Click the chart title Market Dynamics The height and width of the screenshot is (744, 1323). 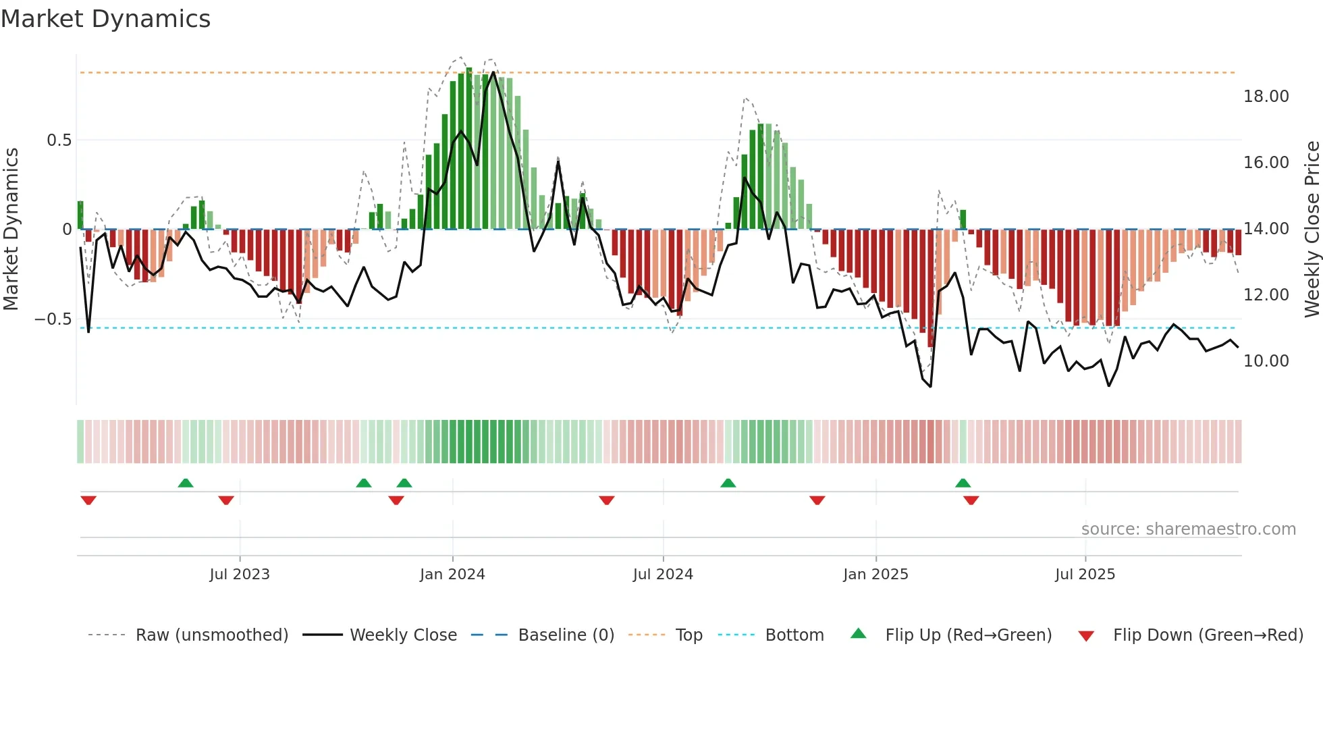point(105,19)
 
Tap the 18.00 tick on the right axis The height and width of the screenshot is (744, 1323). point(1266,97)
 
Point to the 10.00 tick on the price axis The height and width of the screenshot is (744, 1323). point(1266,361)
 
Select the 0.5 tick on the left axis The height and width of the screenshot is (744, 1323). point(59,140)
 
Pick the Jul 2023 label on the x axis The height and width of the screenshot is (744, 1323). point(239,575)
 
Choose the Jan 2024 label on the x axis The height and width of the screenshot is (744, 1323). point(452,575)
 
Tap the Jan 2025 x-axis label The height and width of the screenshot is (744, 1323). point(875,575)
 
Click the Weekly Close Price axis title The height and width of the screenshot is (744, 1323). point(1312,229)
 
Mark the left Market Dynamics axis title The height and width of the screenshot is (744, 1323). point(11,229)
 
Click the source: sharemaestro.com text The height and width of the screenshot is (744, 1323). point(1188,529)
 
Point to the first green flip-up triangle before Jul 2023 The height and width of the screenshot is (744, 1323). point(186,483)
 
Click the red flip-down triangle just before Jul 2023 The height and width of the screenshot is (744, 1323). point(226,500)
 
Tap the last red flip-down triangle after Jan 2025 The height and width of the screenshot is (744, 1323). point(971,500)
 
